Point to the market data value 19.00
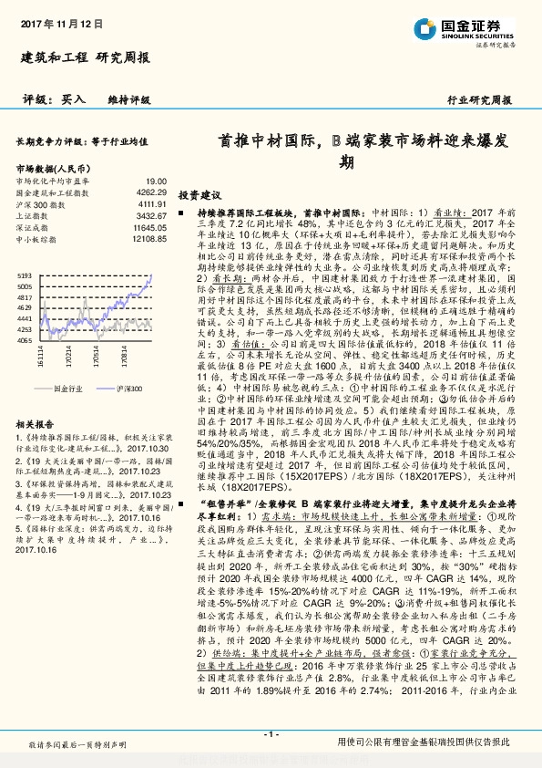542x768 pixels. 157,182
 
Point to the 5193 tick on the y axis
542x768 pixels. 25,275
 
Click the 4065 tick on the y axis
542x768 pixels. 25,339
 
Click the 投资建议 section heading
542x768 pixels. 199,195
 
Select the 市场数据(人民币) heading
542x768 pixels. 55,169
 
